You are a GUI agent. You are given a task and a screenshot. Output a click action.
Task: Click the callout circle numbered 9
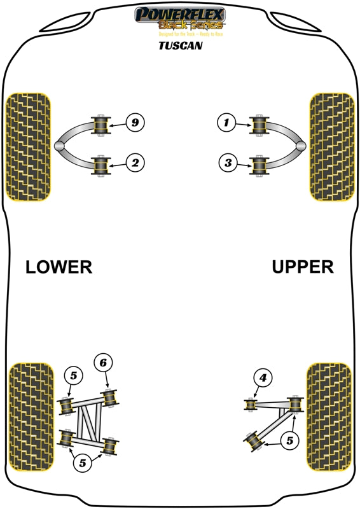(134, 122)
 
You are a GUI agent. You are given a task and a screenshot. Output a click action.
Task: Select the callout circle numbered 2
(134, 164)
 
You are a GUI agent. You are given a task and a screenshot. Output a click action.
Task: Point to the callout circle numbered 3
(228, 164)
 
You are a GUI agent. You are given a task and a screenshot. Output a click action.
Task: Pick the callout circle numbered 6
(104, 363)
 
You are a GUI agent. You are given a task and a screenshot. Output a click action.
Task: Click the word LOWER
(59, 267)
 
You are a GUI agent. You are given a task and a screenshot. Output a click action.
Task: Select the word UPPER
(303, 267)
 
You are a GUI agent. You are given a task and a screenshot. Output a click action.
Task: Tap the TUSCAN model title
(180, 46)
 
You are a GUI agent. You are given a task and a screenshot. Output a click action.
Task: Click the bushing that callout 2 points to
(101, 167)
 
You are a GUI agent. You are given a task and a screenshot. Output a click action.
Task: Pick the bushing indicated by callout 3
(260, 167)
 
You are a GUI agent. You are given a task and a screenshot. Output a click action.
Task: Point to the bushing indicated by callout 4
(252, 404)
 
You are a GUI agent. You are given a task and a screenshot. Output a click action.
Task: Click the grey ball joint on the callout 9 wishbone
(59, 146)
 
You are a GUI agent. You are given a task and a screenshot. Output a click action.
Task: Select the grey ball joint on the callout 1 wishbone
(301, 146)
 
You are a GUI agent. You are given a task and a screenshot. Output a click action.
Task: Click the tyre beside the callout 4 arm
(329, 417)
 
